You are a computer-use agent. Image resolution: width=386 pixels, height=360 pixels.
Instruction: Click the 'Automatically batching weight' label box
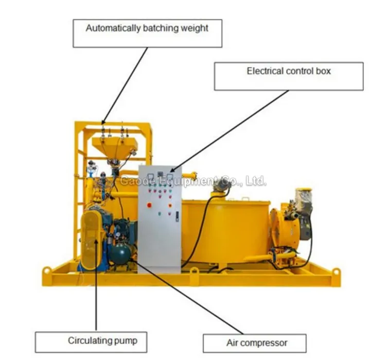pyautogui.click(x=147, y=33)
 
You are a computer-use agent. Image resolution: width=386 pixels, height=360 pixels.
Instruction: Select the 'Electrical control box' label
pyautogui.click(x=289, y=76)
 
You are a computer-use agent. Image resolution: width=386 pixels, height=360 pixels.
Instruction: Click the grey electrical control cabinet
pyautogui.click(x=159, y=216)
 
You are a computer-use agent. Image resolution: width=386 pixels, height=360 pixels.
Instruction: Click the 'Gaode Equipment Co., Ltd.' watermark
pyautogui.click(x=194, y=181)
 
